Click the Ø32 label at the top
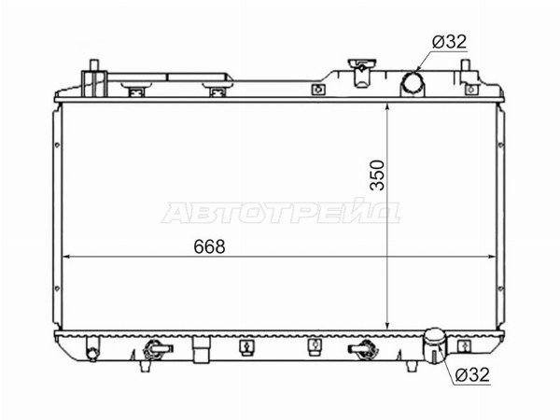(x=449, y=42)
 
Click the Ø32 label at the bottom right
(x=472, y=374)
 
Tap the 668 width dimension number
(x=209, y=246)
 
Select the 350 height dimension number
(x=377, y=175)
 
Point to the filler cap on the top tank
(x=361, y=72)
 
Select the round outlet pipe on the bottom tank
(x=434, y=343)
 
